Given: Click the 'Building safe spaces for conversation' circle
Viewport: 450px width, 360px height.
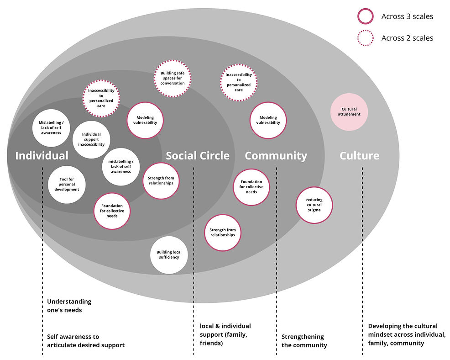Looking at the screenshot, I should click(x=172, y=77).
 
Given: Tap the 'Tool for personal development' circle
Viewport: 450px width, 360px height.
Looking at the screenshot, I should click(x=67, y=184).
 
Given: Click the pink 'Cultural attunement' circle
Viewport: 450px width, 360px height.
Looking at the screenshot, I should click(x=349, y=112).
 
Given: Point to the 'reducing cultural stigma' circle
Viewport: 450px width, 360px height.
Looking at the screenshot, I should click(x=314, y=205).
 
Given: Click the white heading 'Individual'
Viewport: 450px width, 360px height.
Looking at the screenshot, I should click(x=42, y=156).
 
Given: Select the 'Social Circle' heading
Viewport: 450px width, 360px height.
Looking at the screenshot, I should click(x=198, y=156).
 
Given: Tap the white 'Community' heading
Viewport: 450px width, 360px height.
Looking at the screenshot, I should click(x=276, y=156).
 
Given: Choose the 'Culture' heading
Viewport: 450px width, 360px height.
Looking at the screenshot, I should click(x=360, y=156).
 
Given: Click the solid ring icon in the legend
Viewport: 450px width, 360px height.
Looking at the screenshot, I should click(x=366, y=16).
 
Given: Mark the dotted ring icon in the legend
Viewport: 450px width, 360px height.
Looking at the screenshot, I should click(x=366, y=38).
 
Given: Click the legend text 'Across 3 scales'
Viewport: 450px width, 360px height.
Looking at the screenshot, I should click(x=407, y=16).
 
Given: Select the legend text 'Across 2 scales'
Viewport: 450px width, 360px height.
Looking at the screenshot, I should click(x=407, y=38).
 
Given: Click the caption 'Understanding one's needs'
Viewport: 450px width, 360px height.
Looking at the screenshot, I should click(x=69, y=306).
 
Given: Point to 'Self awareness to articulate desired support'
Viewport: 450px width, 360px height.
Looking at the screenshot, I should click(x=86, y=341).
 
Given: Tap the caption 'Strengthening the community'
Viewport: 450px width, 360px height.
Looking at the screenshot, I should click(x=304, y=341).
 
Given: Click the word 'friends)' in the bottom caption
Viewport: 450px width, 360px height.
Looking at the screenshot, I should click(x=211, y=343).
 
